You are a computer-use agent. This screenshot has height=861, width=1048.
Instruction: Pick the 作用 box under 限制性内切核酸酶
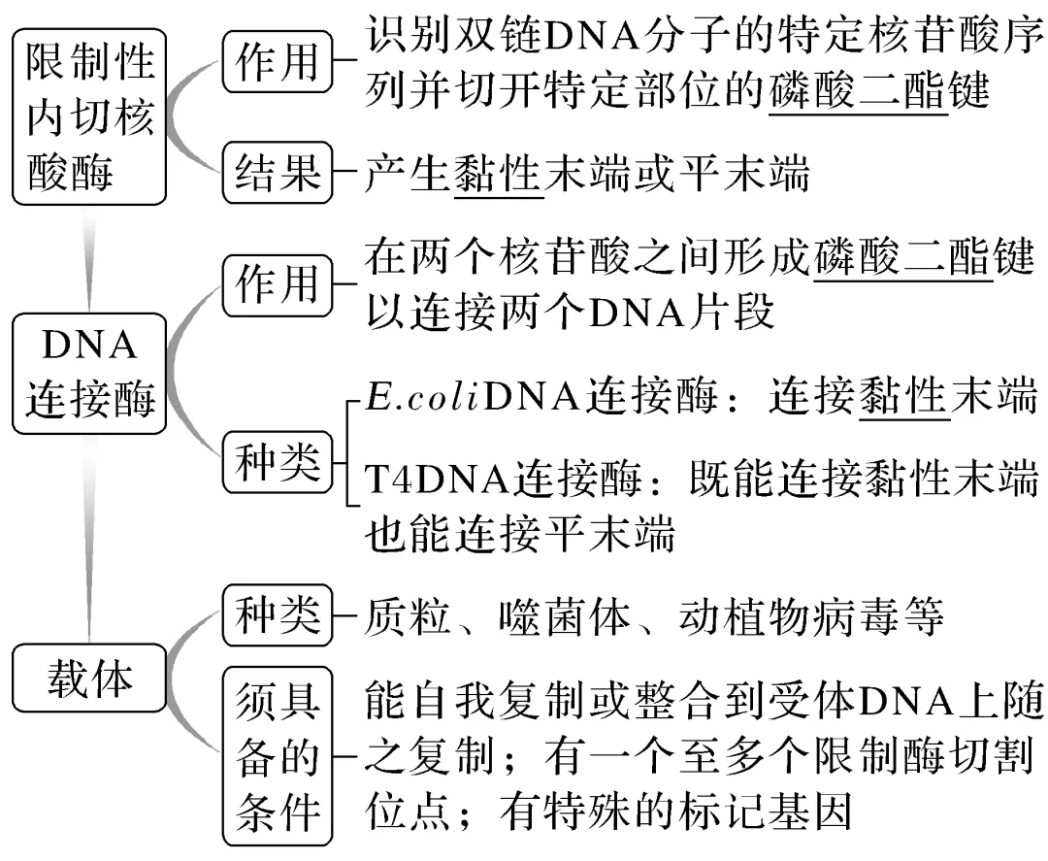[x=278, y=61]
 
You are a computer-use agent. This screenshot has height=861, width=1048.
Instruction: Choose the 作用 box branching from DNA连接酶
[x=278, y=284]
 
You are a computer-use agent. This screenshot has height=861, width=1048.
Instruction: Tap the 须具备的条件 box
[x=278, y=755]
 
